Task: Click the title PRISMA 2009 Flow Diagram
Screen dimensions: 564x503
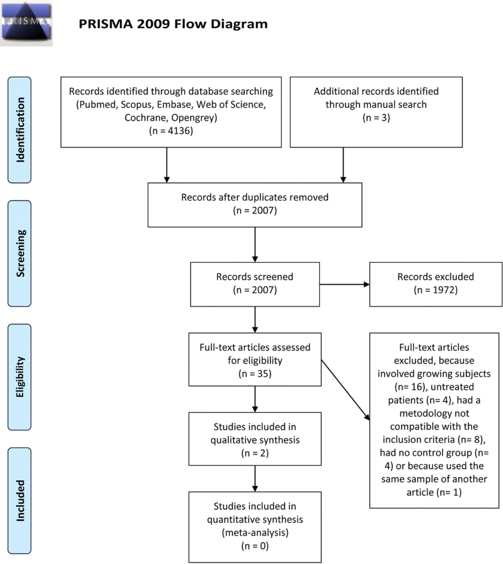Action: pos(173,25)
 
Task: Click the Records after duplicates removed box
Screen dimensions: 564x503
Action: pos(255,204)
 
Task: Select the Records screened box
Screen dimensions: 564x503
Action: pos(255,284)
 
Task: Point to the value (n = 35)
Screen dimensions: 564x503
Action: pos(255,372)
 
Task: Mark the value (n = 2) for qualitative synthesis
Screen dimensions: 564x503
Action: pos(255,451)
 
